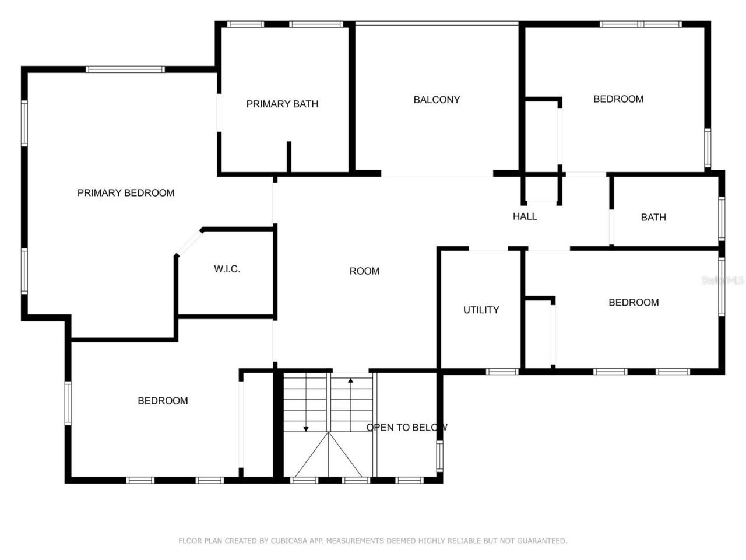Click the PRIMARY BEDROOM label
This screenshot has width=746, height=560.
coord(126,193)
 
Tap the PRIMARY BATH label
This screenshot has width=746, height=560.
coord(282,104)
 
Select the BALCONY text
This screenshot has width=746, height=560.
coord(437,100)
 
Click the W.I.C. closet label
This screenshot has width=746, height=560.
coord(227,269)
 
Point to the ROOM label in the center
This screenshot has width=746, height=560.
coord(364,271)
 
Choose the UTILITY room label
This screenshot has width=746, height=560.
coord(481,310)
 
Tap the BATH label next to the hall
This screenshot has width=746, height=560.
coord(653,218)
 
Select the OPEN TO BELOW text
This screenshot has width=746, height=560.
coord(406,428)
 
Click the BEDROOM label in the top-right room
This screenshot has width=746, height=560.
coord(618,99)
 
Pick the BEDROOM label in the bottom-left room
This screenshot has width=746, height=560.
coord(163,401)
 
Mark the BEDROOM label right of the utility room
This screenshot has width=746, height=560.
coord(634,303)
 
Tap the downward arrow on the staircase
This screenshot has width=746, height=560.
coord(305,429)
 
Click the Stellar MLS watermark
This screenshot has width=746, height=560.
coord(723,281)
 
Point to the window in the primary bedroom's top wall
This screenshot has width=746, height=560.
coord(125,69)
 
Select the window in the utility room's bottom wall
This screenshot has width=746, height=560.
coord(502,371)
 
